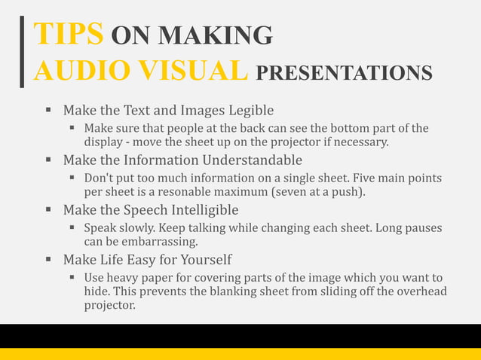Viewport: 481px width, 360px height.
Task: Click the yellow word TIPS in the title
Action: [x=69, y=34]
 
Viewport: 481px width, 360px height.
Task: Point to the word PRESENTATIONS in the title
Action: [x=345, y=72]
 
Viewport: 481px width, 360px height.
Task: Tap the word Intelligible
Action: [x=204, y=209]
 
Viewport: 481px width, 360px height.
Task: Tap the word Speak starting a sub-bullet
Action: [x=100, y=227]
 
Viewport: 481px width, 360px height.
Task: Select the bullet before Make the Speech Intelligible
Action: [x=48, y=209]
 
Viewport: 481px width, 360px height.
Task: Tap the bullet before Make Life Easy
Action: [x=48, y=259]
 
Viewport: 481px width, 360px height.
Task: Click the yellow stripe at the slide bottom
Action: [x=240, y=354]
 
